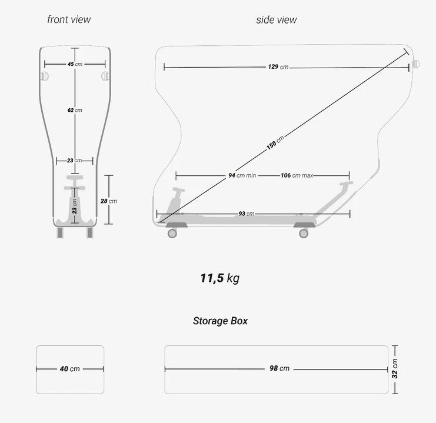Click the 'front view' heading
tap(69, 19)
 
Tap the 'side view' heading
tap(277, 20)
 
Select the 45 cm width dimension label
tap(75, 64)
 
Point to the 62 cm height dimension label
tap(75, 110)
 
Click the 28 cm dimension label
tap(109, 201)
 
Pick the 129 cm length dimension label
tap(278, 66)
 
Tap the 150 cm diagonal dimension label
tap(275, 143)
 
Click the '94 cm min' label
tap(242, 175)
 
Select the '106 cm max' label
tap(297, 175)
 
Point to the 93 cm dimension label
tap(247, 214)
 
